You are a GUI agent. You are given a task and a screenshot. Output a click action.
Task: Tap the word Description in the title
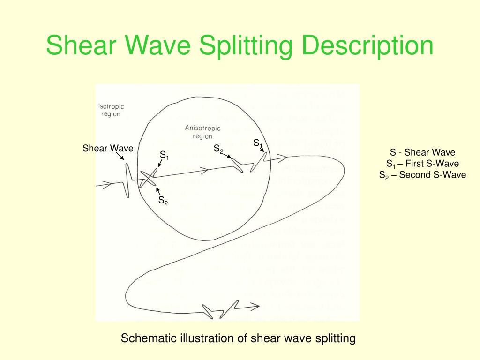(367, 46)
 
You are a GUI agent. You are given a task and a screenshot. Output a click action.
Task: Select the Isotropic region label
(111, 110)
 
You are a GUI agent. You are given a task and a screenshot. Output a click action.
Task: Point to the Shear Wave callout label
(108, 149)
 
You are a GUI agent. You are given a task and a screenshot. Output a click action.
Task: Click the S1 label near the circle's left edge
(164, 155)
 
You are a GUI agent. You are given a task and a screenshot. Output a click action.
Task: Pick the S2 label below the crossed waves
(163, 201)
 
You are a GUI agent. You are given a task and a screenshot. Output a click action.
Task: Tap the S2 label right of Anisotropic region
(218, 149)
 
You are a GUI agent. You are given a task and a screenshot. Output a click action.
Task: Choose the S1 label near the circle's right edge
(258, 143)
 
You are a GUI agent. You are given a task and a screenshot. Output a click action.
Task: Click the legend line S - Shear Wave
(422, 152)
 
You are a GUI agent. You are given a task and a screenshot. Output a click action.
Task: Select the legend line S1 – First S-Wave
(422, 164)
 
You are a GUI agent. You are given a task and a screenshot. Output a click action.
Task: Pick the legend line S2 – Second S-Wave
(422, 175)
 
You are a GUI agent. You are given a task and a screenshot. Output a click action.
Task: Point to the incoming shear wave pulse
(127, 180)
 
